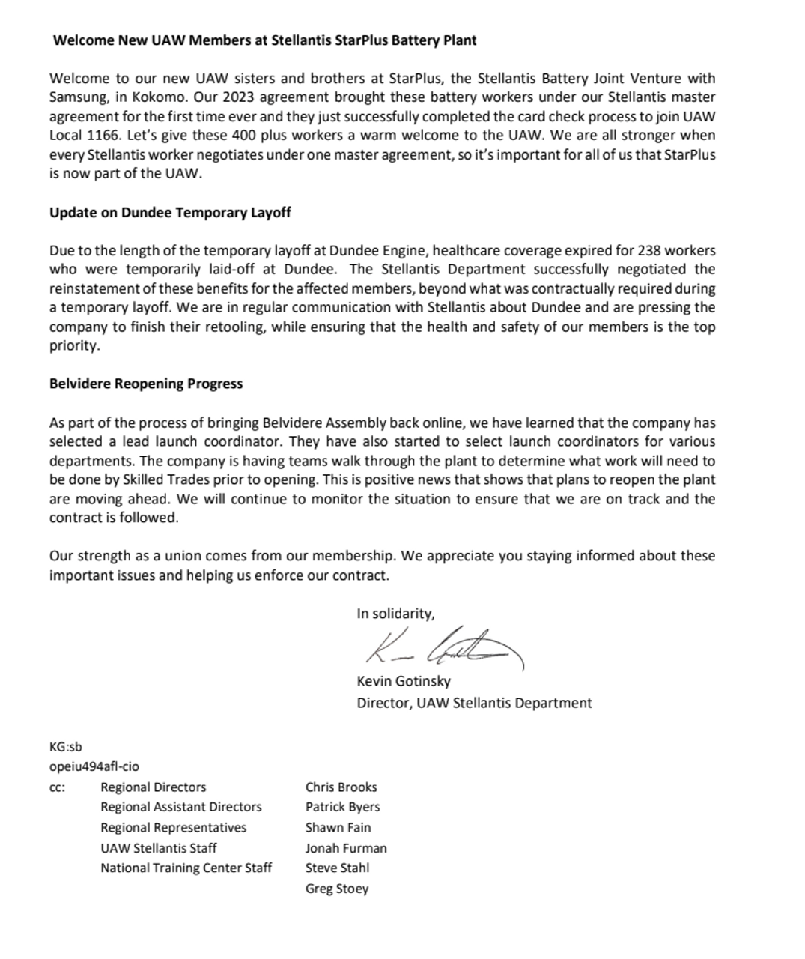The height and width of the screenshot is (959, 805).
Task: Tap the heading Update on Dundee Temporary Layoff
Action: pyautogui.click(x=170, y=213)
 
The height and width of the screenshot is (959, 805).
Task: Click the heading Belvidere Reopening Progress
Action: pyautogui.click(x=146, y=384)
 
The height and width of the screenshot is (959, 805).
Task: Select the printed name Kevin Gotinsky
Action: pyautogui.click(x=404, y=682)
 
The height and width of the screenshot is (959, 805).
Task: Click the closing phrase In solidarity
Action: pyautogui.click(x=395, y=614)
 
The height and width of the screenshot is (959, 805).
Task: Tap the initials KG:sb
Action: pyautogui.click(x=66, y=747)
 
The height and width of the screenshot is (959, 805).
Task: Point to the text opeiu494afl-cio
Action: pyautogui.click(x=94, y=766)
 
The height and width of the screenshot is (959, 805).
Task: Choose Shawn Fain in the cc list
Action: pyautogui.click(x=338, y=828)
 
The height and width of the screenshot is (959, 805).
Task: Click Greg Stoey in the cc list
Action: pyautogui.click(x=337, y=889)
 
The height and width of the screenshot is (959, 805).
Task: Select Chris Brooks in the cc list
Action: pyautogui.click(x=341, y=787)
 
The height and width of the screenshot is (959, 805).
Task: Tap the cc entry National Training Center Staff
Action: pyautogui.click(x=186, y=868)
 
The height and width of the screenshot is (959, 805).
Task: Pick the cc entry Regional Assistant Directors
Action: pyautogui.click(x=181, y=808)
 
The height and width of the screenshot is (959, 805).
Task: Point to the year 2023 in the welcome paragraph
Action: pyautogui.click(x=235, y=97)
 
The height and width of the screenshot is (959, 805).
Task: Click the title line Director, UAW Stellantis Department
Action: pyautogui.click(x=474, y=704)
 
